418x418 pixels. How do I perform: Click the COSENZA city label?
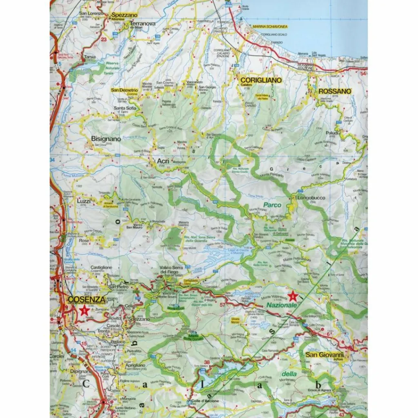pos(87,300)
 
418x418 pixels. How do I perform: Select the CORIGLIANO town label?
pos(261,80)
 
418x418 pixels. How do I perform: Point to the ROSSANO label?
pos(335,91)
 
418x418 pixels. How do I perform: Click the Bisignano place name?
pos(106,139)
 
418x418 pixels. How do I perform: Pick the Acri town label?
pos(163,161)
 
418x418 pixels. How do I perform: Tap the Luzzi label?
pos(84,201)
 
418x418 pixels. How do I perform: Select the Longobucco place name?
pos(311,198)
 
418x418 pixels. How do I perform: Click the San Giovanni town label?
pos(325,354)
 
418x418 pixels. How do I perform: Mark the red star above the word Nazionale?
pos(292,296)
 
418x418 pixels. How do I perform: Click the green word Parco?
pos(272,205)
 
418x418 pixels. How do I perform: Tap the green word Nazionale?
pos(280,305)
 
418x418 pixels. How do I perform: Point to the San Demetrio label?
pos(125,89)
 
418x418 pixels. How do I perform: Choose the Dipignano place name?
pos(80,371)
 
